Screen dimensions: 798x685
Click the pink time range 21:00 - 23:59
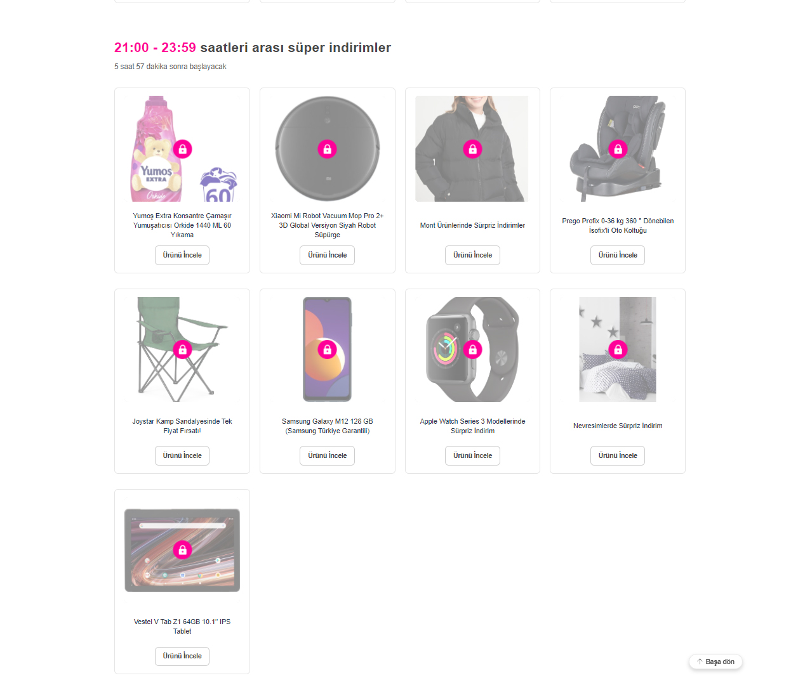[x=155, y=48]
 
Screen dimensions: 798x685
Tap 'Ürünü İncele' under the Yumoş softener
[x=182, y=255]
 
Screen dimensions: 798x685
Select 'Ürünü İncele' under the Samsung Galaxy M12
[x=327, y=455]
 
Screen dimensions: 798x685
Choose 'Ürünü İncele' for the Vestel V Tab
[x=182, y=656]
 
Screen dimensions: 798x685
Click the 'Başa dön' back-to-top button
[x=715, y=662]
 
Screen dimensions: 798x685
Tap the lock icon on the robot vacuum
[x=327, y=149]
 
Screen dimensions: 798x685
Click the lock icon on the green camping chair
[x=182, y=349]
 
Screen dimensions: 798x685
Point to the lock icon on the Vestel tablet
[x=182, y=550]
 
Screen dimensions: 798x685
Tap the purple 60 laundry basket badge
[x=218, y=185]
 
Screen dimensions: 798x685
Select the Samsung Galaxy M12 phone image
[x=327, y=349]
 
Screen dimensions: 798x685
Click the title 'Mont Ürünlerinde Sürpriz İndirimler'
[x=472, y=225]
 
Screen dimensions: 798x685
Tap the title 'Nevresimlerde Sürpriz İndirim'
[x=617, y=426]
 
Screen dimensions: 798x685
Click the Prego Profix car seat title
[x=617, y=226]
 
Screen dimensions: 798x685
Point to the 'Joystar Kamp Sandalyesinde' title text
[x=182, y=422]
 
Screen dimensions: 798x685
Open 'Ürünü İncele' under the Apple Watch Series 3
[x=472, y=455]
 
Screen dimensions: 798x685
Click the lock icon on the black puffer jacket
[x=472, y=149]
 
